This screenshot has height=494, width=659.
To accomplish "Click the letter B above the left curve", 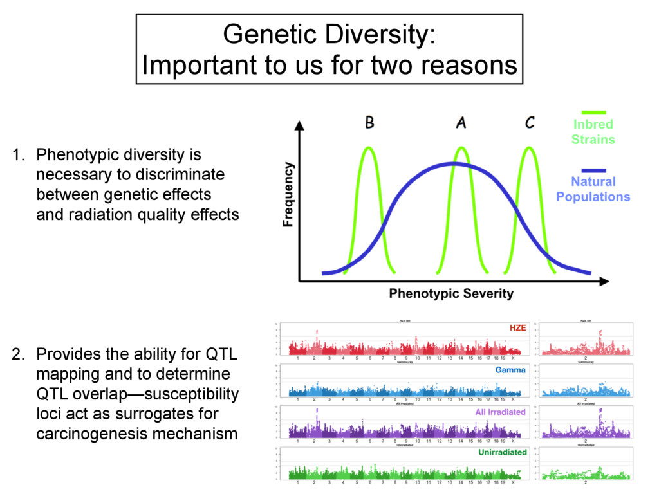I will coord(369,122).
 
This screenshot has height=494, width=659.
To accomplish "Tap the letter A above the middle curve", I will coord(461,122).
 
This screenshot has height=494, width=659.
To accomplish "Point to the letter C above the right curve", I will coord(529,122).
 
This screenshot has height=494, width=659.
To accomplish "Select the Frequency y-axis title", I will coord(288,194).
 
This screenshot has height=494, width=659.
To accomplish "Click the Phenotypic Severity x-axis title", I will coord(451,294).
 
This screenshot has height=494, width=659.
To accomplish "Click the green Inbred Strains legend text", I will coord(593,132).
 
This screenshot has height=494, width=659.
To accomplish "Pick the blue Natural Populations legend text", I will coord(593,189).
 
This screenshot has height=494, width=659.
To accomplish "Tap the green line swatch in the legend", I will coord(593,113).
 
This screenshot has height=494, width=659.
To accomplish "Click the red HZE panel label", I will coord(517,328).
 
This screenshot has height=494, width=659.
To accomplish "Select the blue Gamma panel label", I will coord(510,370).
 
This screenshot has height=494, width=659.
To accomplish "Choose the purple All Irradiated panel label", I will coord(500,412).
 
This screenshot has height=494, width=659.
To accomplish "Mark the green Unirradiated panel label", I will coord(502,452).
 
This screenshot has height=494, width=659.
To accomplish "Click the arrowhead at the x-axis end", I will coord(603,281).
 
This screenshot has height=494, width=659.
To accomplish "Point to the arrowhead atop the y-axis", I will coord(299,125).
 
